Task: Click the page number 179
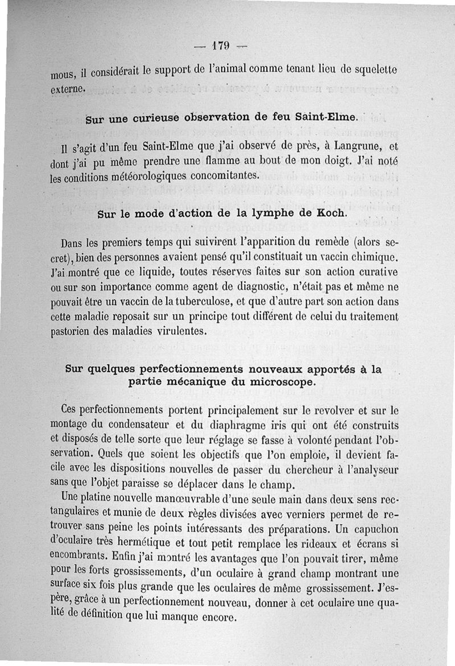(220, 46)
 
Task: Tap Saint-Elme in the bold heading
(326, 118)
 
